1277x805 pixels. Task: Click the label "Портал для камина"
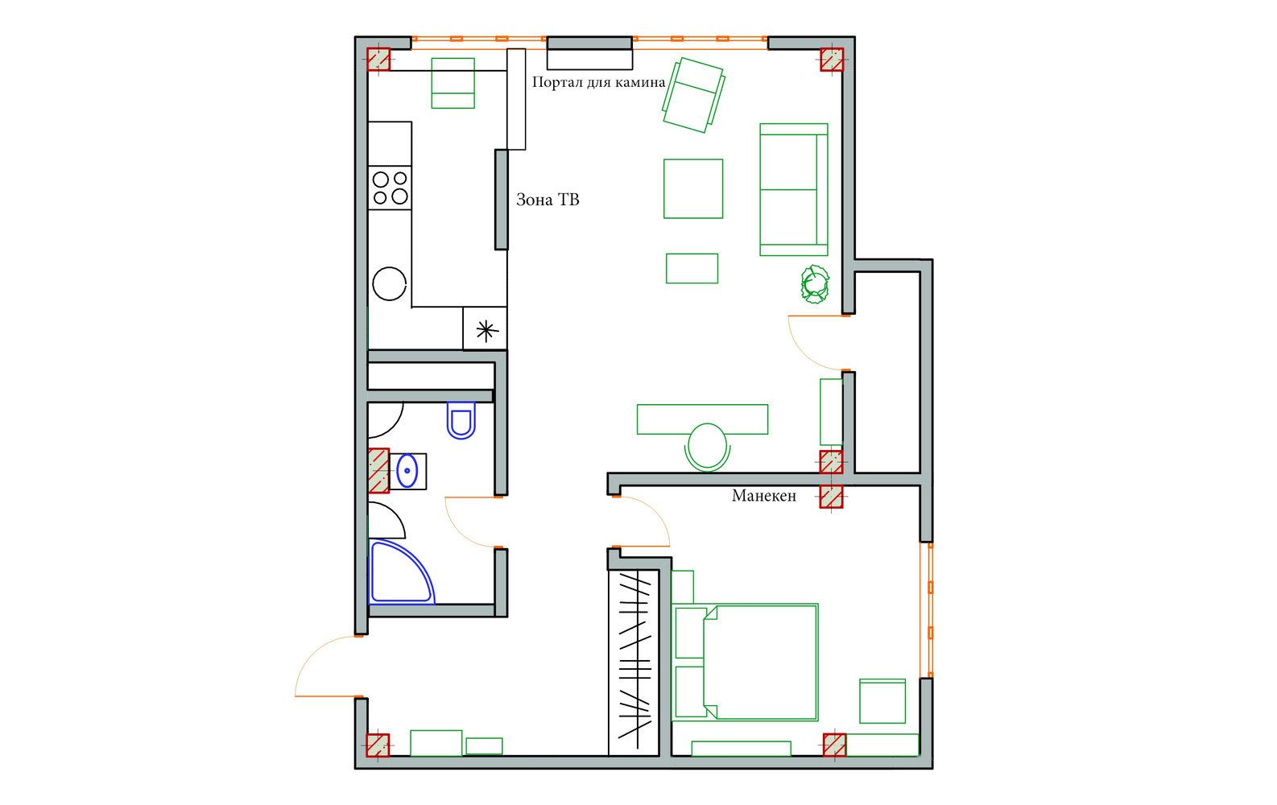tap(598, 83)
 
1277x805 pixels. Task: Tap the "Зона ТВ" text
tap(548, 200)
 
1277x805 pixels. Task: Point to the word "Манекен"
tap(764, 496)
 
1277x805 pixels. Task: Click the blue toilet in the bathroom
tap(461, 420)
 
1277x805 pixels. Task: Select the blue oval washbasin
tap(407, 471)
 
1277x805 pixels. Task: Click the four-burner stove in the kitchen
tap(390, 188)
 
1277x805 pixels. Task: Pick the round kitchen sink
tap(390, 283)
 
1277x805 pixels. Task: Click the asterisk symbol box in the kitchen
tap(485, 329)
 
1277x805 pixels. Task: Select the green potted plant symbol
tap(815, 284)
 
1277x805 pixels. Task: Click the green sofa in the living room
tap(794, 190)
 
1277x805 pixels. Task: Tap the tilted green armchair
tap(694, 95)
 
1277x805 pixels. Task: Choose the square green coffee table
tap(693, 188)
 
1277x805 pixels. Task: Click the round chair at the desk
tap(708, 448)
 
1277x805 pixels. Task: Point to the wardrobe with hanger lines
tap(634, 663)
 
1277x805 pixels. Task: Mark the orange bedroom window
tap(927, 610)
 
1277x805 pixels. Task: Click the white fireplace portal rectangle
tap(589, 60)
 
